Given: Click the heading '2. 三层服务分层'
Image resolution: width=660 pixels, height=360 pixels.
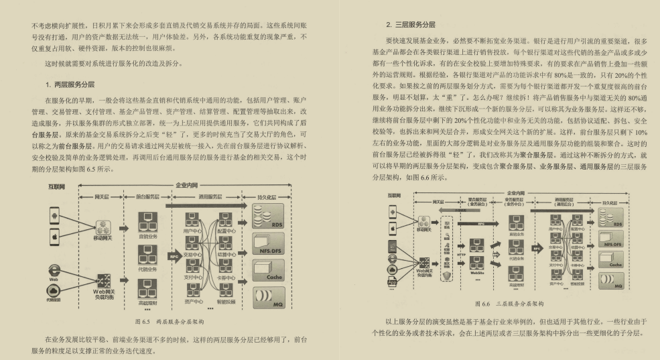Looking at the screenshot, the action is coord(411,25).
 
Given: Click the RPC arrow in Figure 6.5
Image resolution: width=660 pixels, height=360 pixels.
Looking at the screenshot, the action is coord(174,255).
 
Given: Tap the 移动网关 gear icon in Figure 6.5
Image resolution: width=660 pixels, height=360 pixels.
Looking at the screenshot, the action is coord(103,228).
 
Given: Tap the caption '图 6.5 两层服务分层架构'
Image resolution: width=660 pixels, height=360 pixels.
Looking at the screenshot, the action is coord(170,322).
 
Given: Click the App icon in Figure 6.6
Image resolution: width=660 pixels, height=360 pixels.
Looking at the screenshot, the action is coord(393,282).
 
